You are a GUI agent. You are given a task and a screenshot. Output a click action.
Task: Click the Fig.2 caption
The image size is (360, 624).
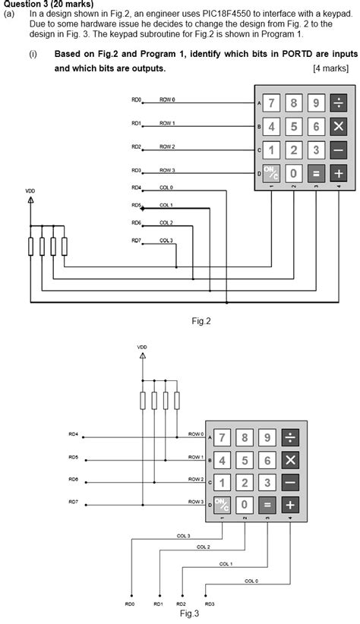click(x=201, y=321)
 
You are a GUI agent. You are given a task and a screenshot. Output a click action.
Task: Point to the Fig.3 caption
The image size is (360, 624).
click(x=189, y=613)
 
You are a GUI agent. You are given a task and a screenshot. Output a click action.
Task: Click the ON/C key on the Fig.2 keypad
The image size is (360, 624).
click(x=271, y=173)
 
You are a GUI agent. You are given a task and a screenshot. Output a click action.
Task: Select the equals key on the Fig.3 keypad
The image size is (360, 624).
click(x=267, y=504)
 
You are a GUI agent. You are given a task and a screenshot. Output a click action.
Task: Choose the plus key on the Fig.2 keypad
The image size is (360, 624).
click(x=338, y=173)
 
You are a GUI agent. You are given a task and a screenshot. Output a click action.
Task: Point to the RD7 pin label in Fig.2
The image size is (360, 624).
click(x=137, y=241)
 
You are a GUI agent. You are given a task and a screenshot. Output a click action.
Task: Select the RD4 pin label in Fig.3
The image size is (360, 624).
click(x=74, y=434)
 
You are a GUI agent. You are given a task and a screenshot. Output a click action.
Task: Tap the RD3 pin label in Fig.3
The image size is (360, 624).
click(x=209, y=604)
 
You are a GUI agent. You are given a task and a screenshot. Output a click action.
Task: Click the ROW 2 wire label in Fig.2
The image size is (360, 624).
click(x=167, y=147)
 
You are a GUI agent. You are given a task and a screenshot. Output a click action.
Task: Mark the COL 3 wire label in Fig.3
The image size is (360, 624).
click(x=183, y=536)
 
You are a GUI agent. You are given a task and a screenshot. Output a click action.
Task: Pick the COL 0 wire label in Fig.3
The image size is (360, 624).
click(x=251, y=581)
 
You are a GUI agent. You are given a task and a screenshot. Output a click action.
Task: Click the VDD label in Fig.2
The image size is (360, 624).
click(x=30, y=191)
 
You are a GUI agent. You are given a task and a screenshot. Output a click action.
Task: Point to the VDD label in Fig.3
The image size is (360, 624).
click(x=142, y=347)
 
